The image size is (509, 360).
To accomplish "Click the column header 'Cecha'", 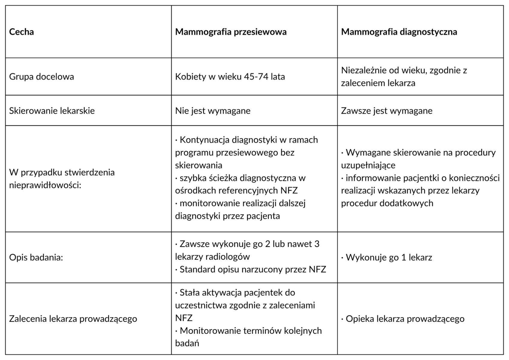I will pos(21,32).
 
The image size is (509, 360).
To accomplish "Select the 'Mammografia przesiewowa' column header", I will pos(231,32).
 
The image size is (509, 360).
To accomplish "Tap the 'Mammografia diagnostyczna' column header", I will pos(399,32).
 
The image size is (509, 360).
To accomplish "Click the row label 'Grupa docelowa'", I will pos(41,77).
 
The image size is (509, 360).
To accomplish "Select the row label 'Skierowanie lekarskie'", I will pos(52,111).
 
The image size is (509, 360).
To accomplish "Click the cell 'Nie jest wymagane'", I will pos(213,111).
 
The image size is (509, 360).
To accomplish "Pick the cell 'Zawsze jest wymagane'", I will pos(386,111).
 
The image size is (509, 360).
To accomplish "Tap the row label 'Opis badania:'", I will pos(36,257).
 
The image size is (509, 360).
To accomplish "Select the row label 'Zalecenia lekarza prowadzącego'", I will pos(73,319).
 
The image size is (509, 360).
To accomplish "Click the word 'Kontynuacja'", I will pos(204,140).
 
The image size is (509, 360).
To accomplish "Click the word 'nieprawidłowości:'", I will pos(45,185).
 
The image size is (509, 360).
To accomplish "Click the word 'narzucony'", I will pos(263,269).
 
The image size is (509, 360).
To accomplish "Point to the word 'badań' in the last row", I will pos(187,343).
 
